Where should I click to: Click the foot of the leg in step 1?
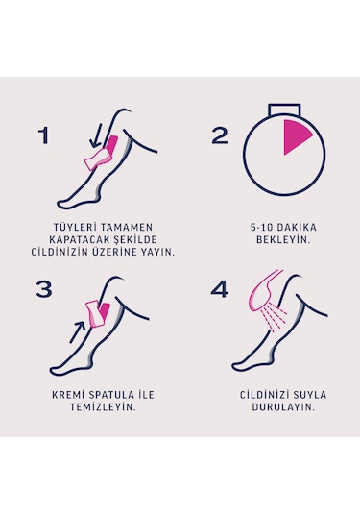point(75,199)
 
